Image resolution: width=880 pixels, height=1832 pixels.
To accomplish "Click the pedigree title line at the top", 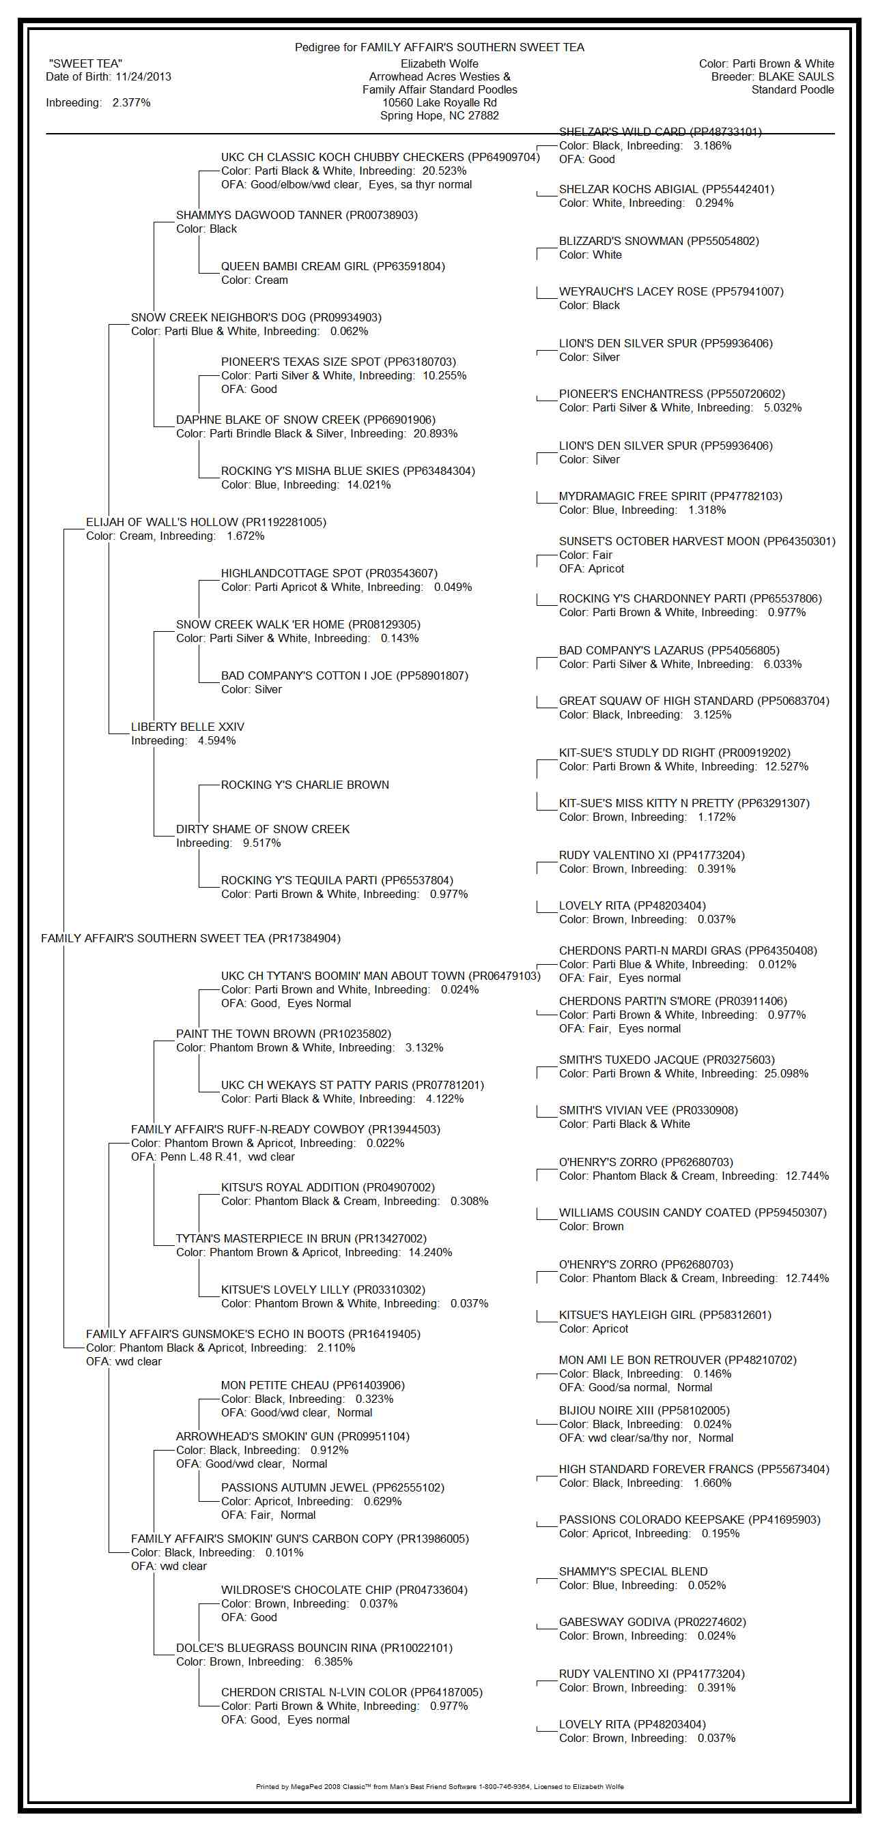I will (439, 48).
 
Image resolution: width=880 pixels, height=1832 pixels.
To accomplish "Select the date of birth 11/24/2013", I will (143, 77).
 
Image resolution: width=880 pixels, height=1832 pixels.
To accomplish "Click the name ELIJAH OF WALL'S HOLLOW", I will (163, 523).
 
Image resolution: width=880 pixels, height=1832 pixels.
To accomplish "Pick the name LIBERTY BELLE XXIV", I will (187, 727).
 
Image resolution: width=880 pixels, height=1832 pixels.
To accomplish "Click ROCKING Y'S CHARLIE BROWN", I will (304, 785).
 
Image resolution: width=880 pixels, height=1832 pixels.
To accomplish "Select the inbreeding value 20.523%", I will (444, 171).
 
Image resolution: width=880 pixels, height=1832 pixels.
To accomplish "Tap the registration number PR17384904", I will (304, 939).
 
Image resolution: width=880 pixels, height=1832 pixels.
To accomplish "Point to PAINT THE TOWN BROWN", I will (246, 1034).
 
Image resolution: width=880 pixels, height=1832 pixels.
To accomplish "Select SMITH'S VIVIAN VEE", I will (613, 1111).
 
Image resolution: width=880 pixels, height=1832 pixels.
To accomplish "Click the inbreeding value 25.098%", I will (786, 1074).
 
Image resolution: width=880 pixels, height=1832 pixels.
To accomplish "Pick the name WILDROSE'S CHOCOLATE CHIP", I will (306, 1590).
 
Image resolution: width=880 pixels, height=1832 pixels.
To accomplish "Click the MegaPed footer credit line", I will (439, 1786).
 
